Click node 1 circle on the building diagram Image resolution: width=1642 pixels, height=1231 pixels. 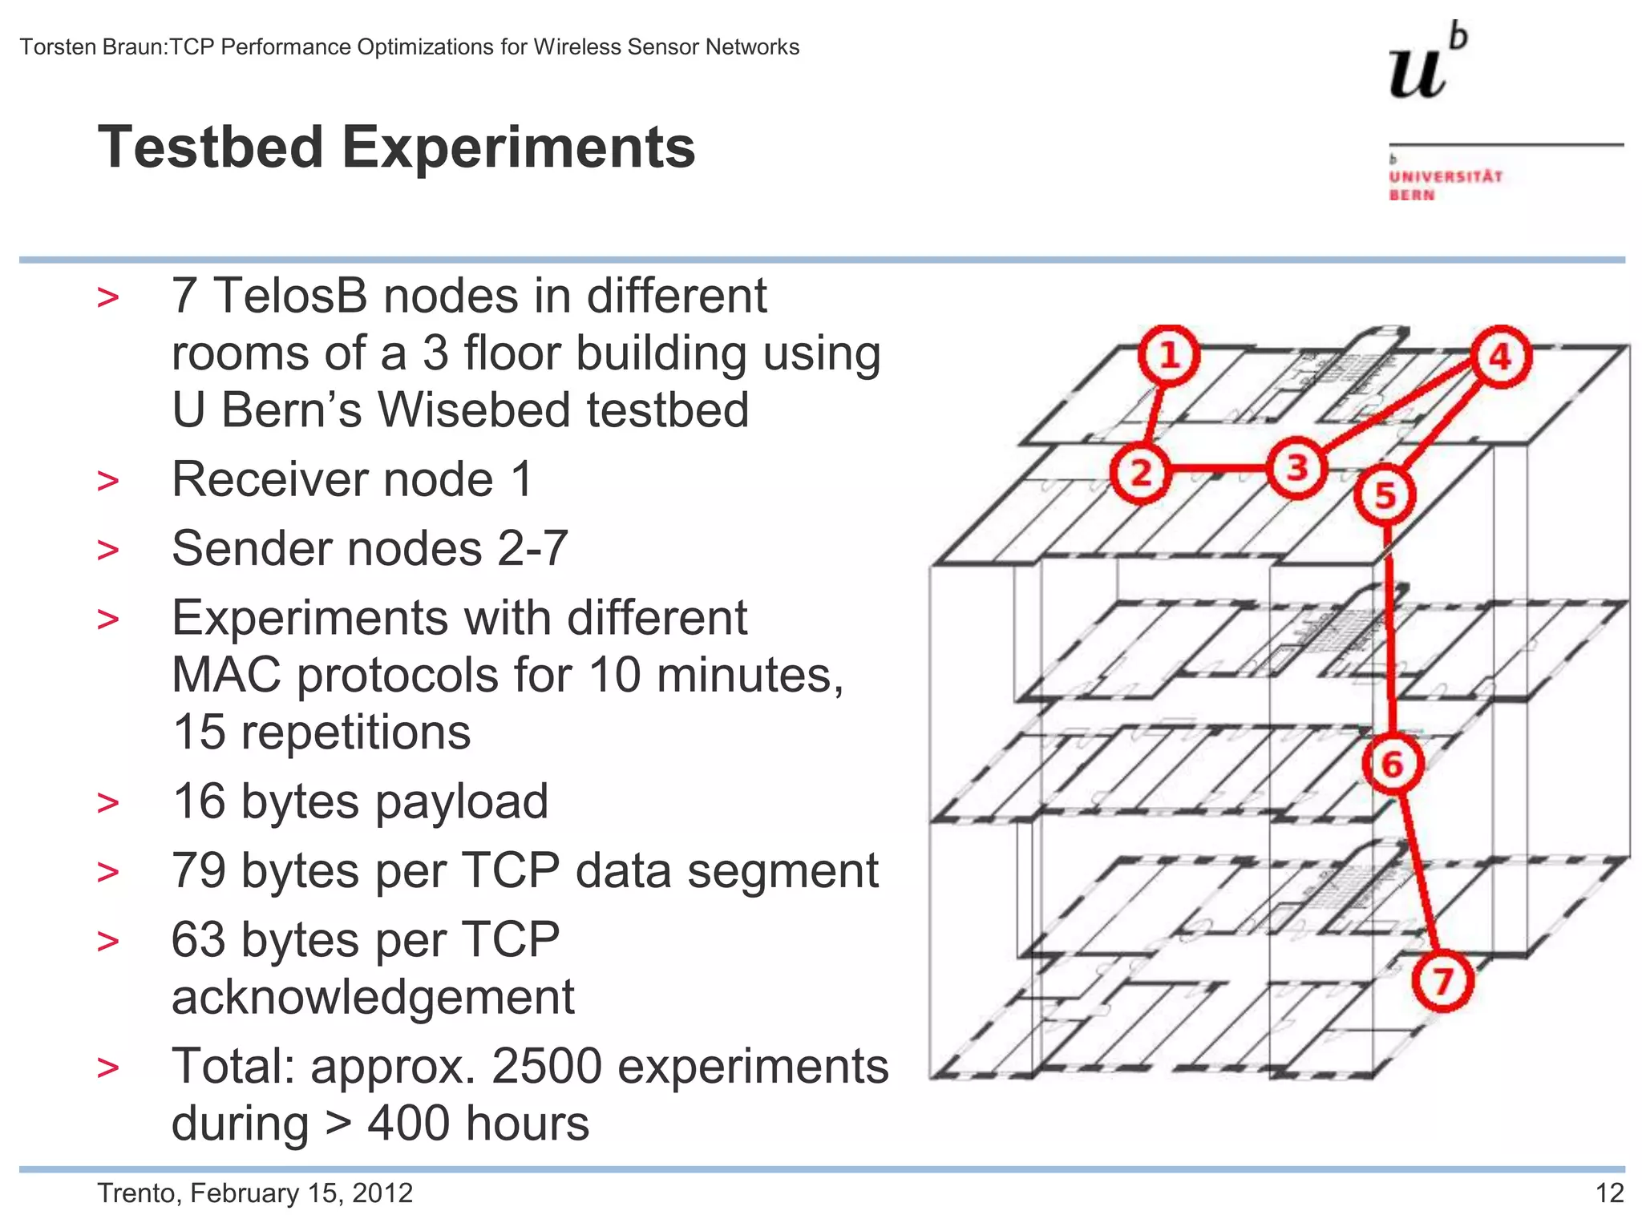(x=1169, y=356)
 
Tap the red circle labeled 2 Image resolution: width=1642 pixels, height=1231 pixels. (x=1141, y=472)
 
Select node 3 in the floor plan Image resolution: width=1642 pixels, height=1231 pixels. (x=1296, y=467)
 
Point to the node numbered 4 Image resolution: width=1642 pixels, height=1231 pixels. (x=1500, y=357)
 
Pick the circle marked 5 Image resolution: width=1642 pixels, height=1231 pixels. (x=1385, y=494)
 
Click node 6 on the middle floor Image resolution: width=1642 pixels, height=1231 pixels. (x=1393, y=764)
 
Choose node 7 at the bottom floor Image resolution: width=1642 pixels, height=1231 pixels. (x=1442, y=981)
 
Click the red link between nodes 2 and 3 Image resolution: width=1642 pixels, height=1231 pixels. (x=1219, y=469)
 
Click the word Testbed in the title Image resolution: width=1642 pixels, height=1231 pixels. (x=211, y=148)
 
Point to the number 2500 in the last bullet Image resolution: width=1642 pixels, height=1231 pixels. (x=546, y=1067)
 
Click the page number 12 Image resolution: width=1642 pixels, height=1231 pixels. (x=1609, y=1193)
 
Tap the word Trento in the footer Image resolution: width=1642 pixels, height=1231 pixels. (x=139, y=1193)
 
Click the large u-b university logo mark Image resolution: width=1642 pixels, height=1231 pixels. (x=1426, y=64)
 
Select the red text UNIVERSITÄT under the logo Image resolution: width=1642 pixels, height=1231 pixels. (x=1446, y=176)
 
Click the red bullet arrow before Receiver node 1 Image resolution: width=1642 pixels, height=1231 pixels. (x=107, y=481)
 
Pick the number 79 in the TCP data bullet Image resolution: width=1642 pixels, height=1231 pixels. (x=199, y=871)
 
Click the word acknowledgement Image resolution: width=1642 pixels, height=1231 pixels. (x=373, y=998)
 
